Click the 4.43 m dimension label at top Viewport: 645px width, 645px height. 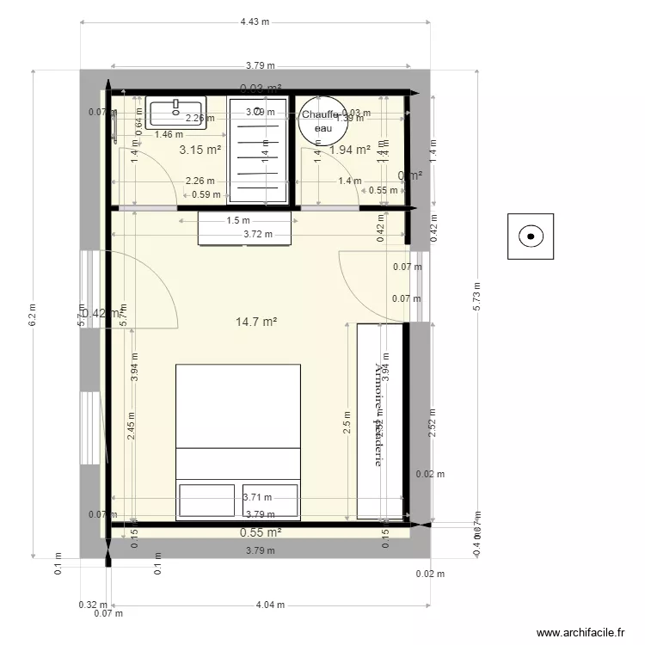tap(255, 21)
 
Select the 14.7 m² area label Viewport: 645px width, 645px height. tap(256, 322)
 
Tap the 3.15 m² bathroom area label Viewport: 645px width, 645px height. tap(200, 150)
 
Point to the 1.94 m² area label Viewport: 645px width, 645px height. tap(350, 150)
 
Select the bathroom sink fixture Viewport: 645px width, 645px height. tap(175, 113)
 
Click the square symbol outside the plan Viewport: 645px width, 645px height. tap(531, 236)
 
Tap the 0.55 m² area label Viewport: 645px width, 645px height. tap(261, 532)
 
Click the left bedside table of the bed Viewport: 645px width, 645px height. tap(206, 500)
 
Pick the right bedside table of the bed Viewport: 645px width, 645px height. tap(271, 500)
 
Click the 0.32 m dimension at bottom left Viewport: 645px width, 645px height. tap(87, 605)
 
